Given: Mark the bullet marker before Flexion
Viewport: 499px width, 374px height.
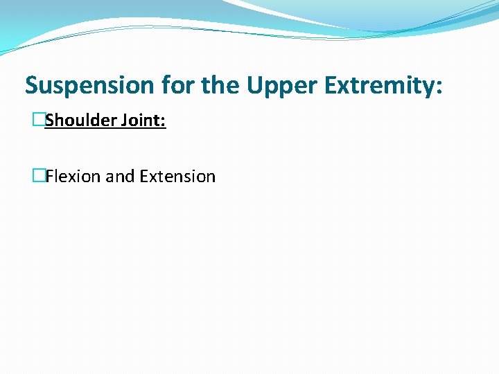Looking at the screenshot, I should tap(38, 177).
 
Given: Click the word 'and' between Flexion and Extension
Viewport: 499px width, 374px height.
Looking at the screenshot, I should tap(120, 177).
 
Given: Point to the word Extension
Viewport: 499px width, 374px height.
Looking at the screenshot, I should tap(177, 177).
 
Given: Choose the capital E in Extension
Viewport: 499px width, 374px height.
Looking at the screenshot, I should tap(143, 177).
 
